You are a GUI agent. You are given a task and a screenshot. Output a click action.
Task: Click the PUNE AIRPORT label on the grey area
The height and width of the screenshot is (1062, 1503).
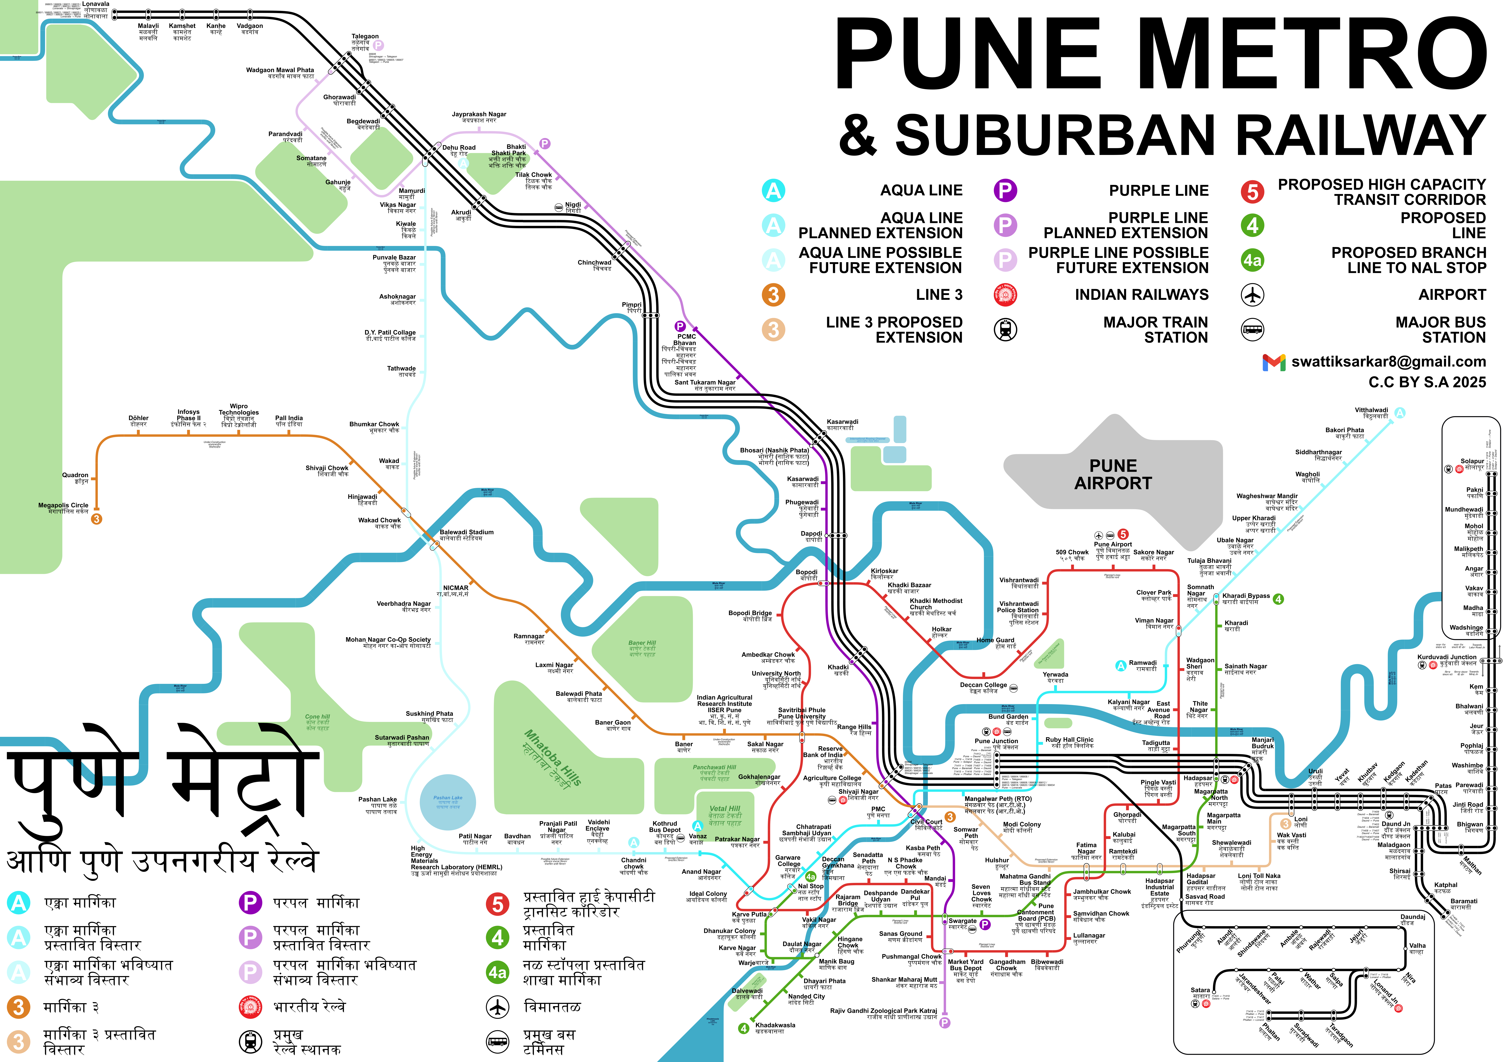(1113, 474)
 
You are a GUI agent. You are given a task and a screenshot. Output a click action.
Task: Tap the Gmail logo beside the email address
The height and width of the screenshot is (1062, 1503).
(1273, 362)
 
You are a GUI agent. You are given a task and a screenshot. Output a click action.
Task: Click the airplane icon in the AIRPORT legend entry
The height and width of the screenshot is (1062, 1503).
(1252, 295)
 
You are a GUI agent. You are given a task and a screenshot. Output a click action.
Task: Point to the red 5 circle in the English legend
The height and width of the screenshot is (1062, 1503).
(1252, 192)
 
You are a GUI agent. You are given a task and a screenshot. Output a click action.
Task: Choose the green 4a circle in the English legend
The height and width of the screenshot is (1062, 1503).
(1252, 261)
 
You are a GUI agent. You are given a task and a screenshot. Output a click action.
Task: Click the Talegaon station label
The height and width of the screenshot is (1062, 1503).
(365, 37)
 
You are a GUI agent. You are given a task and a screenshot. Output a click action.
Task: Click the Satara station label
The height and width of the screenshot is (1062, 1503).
(1200, 990)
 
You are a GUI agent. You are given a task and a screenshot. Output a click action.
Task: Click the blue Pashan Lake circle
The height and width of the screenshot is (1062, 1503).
(448, 802)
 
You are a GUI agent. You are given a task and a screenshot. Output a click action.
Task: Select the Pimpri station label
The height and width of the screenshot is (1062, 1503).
(632, 305)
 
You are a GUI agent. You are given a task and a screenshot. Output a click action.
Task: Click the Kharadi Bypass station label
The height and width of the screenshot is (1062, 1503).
(1246, 596)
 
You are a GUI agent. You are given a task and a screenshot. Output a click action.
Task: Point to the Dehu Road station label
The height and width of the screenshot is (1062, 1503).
(458, 148)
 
